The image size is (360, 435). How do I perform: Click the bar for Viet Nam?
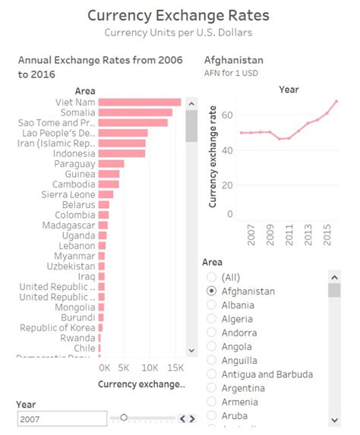coord(140,102)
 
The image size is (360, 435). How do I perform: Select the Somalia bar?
coord(135,112)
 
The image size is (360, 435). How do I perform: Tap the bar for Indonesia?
coord(122,153)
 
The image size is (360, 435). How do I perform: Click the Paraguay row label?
coord(74,164)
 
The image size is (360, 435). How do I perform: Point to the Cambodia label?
coord(74,184)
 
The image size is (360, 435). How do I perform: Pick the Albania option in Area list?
coord(238,305)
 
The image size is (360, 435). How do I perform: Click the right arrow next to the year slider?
coord(193,418)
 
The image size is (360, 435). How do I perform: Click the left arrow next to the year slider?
coord(182,418)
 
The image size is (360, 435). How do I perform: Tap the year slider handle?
coord(124,418)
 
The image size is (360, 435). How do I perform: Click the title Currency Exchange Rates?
coord(178,15)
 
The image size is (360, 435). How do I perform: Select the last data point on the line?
coord(336,102)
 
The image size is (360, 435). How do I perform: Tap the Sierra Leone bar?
coord(106,195)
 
